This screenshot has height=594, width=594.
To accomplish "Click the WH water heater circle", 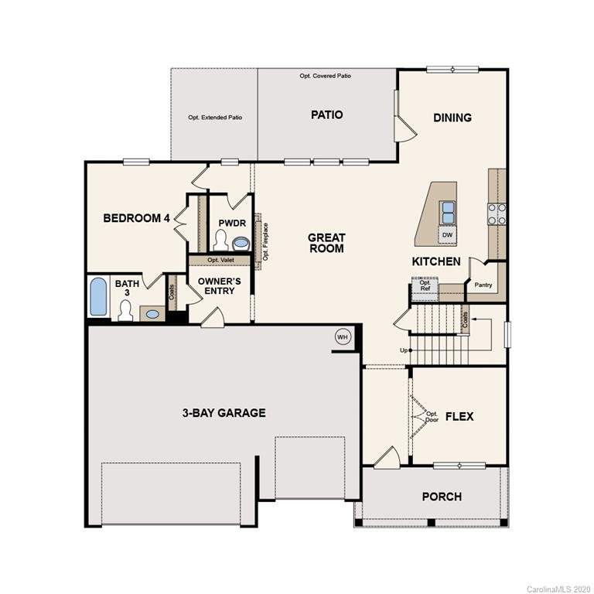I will [343, 336].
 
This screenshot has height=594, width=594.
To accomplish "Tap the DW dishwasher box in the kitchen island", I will [447, 234].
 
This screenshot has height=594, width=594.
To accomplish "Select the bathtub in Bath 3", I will [99, 297].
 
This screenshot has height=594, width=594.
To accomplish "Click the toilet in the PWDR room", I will [221, 238].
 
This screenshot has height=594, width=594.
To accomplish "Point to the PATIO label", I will [326, 114].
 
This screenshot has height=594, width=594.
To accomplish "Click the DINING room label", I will [452, 118].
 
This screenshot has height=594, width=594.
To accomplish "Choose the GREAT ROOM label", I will [326, 243].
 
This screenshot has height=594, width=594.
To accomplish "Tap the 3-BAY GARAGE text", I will [224, 413].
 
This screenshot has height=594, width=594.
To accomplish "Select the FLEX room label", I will [459, 416].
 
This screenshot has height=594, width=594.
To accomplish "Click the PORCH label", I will [442, 496].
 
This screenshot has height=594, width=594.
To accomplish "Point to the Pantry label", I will [483, 285].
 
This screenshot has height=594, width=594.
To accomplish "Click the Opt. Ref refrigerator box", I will [425, 286].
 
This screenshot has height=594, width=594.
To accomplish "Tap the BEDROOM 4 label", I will [136, 218].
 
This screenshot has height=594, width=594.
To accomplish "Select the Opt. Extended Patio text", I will [215, 118].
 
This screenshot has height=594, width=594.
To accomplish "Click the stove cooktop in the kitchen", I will [497, 213].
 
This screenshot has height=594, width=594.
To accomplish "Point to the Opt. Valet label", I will [220, 261].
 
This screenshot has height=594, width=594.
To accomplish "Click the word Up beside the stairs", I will [403, 350].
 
